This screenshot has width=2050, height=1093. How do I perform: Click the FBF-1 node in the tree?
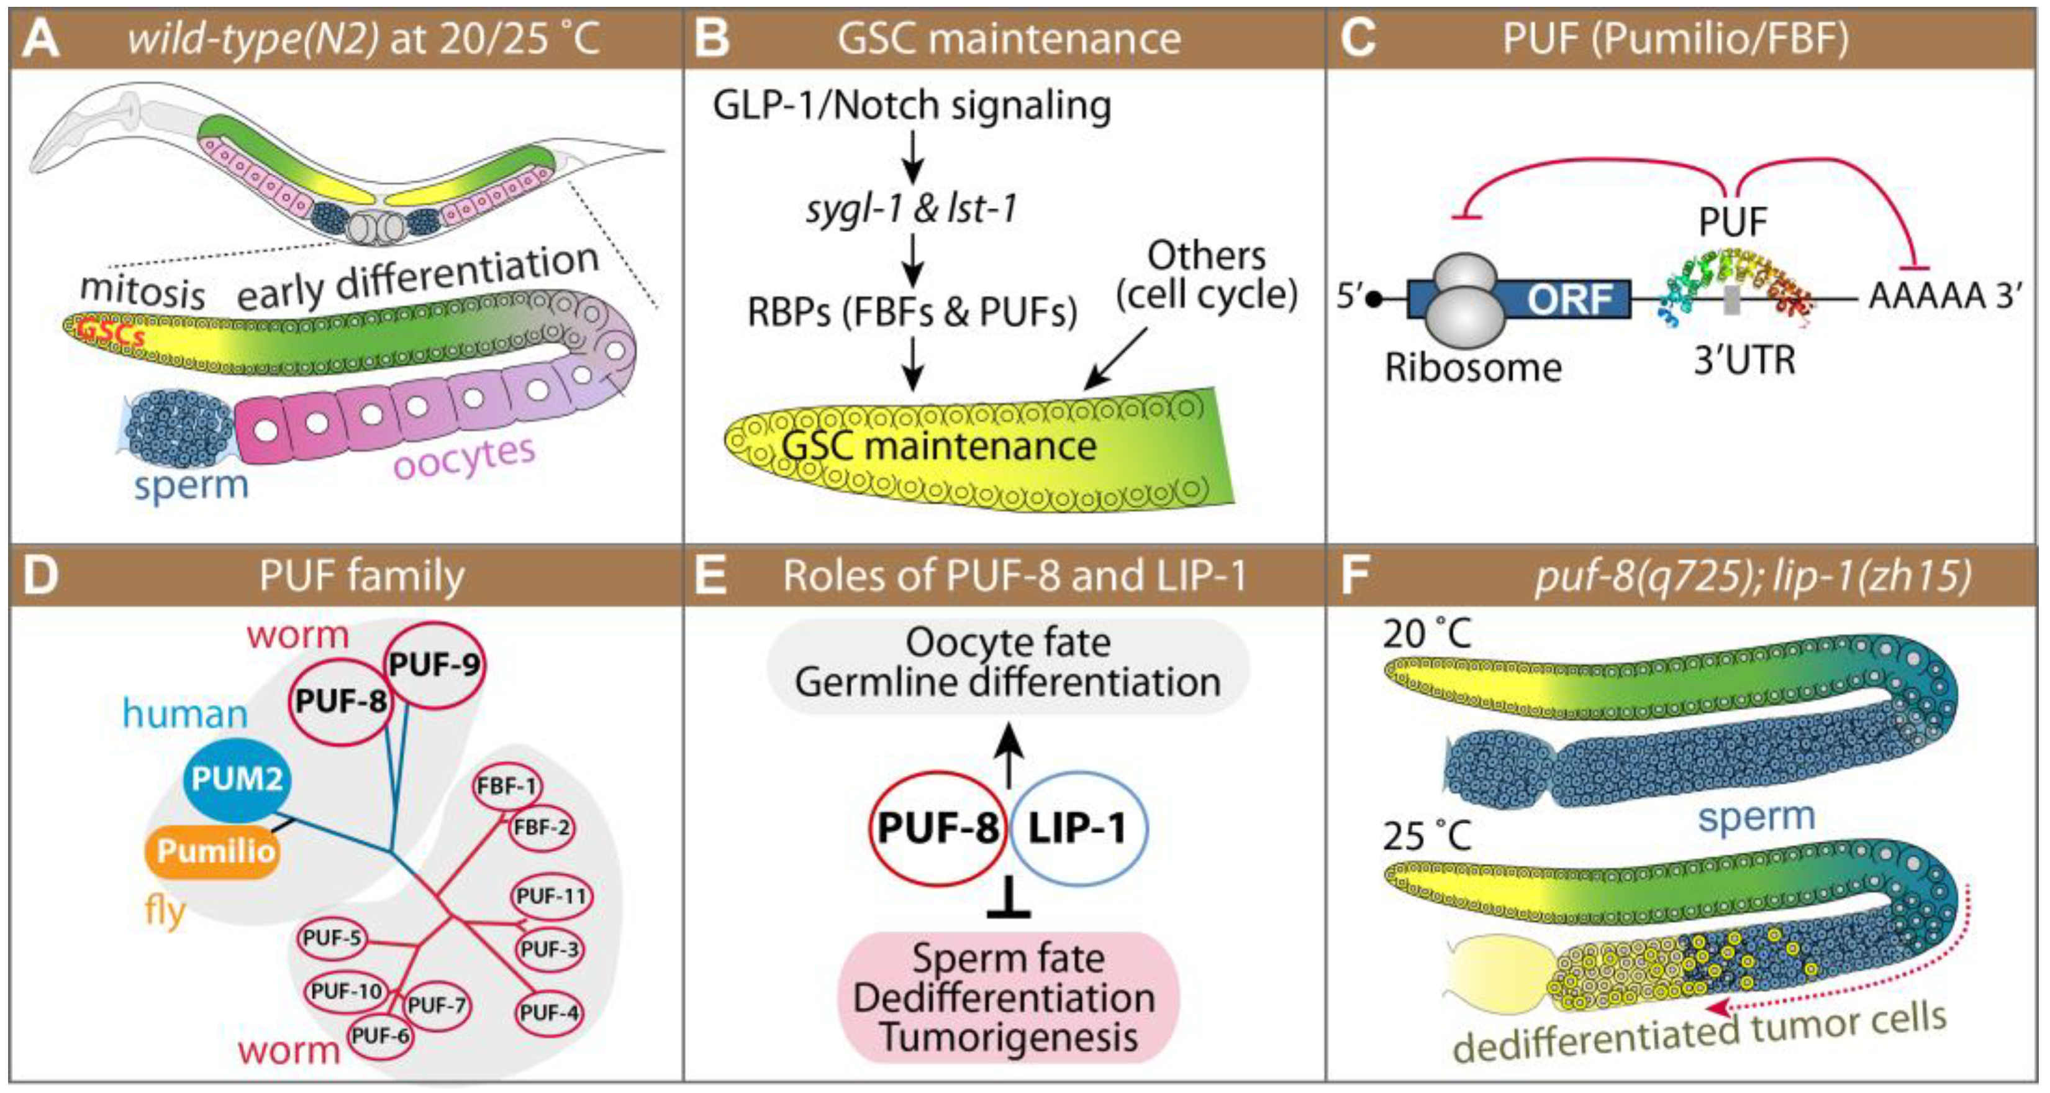point(507,785)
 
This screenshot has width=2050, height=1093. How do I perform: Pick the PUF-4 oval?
point(549,1013)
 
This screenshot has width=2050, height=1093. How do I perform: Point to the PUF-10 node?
point(346,991)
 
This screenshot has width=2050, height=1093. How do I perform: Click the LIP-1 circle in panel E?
point(1077,828)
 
